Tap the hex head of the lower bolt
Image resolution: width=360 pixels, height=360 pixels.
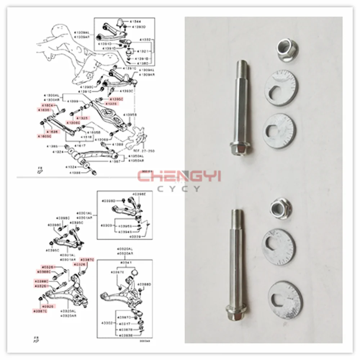(x=234, y=312)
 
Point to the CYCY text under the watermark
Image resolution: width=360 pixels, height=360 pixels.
(x=180, y=189)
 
